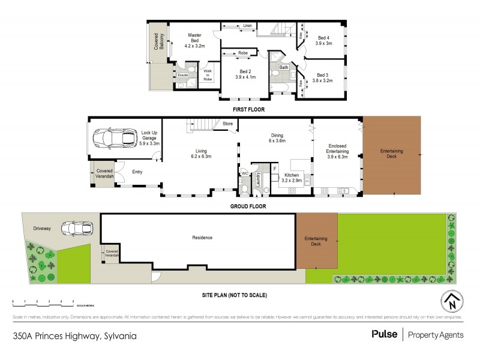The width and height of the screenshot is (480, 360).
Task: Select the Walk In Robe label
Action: (208, 74)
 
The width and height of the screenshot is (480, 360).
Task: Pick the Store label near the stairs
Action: (228, 124)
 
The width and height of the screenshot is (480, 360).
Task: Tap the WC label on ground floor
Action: (244, 173)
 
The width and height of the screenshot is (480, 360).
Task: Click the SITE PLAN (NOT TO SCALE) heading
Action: (235, 295)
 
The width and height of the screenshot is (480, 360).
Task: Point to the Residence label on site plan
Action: (202, 238)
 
